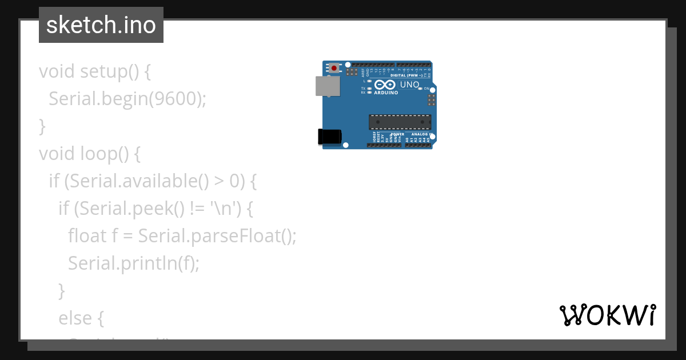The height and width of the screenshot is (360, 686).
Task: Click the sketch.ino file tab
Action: [101, 25]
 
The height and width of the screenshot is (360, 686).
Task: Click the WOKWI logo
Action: [607, 315]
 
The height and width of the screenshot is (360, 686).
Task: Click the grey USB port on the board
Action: [328, 86]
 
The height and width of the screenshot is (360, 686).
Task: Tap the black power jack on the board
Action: [329, 137]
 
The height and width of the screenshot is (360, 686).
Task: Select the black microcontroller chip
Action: [400, 122]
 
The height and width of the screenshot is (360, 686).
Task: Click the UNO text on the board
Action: [409, 85]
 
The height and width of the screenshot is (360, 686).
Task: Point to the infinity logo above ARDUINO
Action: [385, 85]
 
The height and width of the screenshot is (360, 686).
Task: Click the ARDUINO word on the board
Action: [386, 93]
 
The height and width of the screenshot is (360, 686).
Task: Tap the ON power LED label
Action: [426, 89]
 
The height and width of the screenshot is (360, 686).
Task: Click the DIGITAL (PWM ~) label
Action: [406, 75]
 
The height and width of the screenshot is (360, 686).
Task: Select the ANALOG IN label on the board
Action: [422, 134]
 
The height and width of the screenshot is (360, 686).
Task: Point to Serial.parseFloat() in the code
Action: [217, 236]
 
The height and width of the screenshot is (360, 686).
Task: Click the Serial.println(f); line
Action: [134, 263]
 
